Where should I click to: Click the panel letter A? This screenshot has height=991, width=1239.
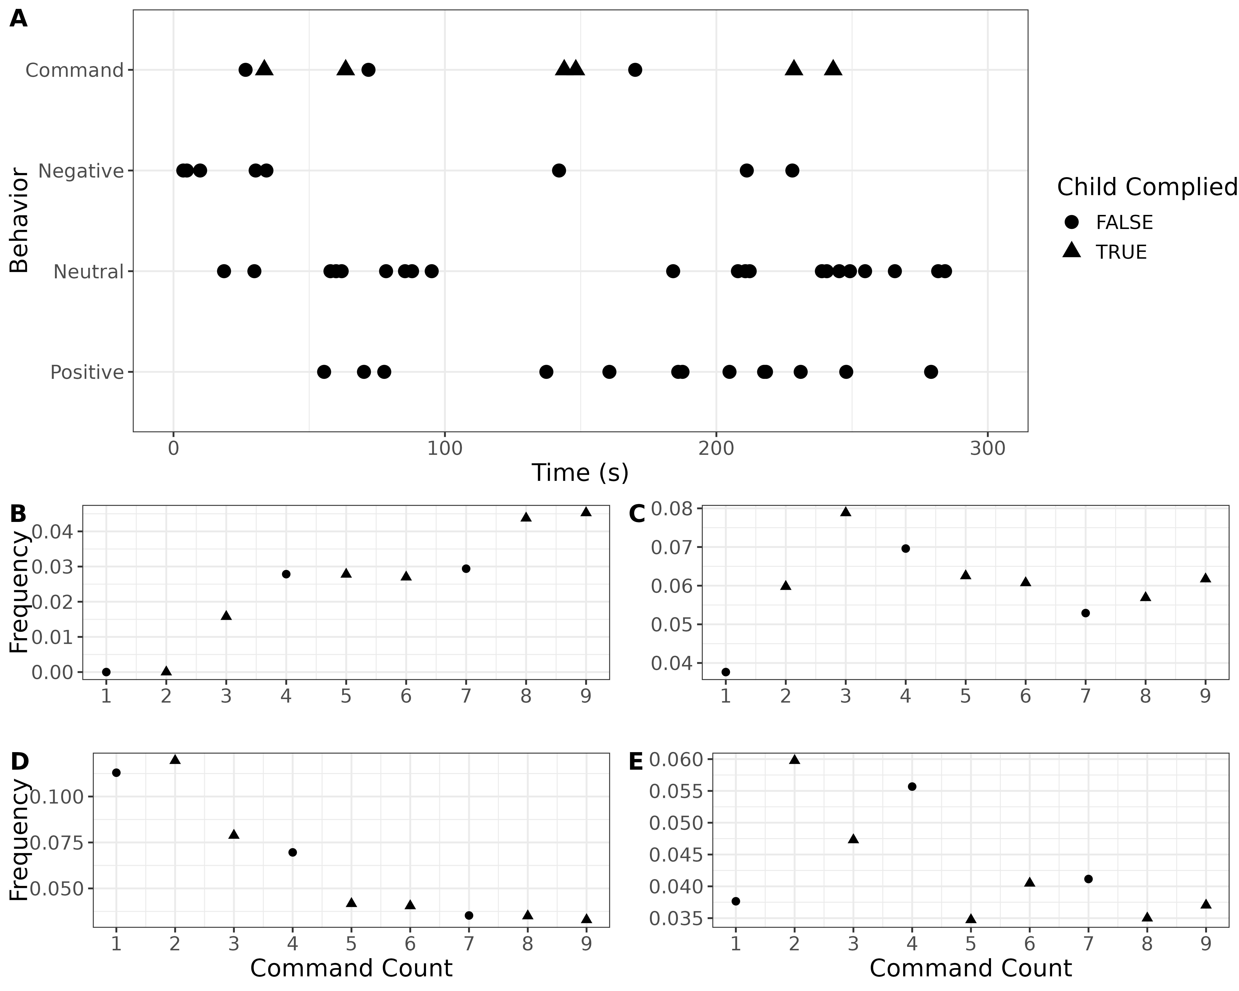[18, 20]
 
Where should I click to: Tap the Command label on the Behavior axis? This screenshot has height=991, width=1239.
[75, 70]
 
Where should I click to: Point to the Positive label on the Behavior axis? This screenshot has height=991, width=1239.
[87, 372]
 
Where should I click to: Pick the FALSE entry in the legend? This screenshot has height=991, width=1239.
[1124, 222]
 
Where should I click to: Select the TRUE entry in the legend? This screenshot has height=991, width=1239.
[1121, 252]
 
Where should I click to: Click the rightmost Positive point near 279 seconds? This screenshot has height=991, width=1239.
[931, 372]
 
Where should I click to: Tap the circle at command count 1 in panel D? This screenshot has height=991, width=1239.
[116, 773]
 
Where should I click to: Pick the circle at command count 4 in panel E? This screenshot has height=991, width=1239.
[911, 786]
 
